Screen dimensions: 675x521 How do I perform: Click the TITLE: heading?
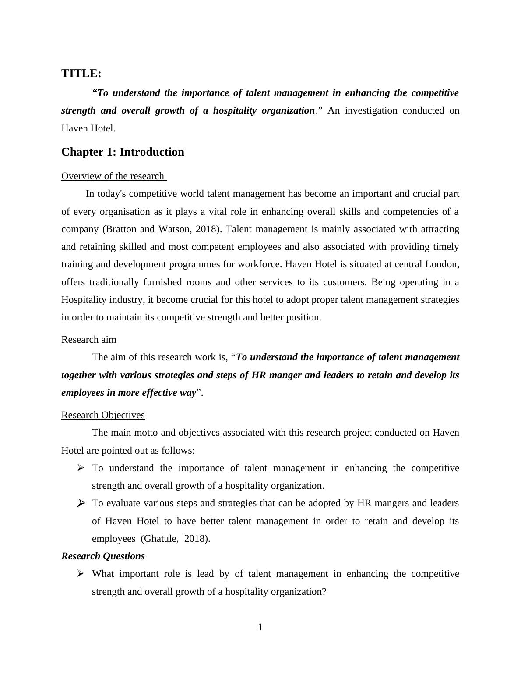click(x=81, y=74)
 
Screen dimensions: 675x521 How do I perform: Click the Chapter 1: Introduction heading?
click(x=123, y=152)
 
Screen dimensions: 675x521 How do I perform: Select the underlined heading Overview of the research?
click(x=113, y=176)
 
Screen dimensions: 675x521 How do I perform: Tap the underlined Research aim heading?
click(x=89, y=340)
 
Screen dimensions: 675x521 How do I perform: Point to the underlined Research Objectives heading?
click(x=103, y=415)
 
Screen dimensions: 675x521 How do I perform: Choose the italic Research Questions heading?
click(x=103, y=556)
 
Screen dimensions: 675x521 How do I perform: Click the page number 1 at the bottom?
click(x=260, y=628)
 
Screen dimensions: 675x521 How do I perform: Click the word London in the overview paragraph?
click(x=444, y=264)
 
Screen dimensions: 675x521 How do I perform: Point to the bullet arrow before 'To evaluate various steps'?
click(x=81, y=503)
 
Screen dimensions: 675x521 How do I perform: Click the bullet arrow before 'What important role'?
click(x=81, y=574)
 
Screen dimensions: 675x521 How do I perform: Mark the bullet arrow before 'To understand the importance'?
click(x=81, y=468)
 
